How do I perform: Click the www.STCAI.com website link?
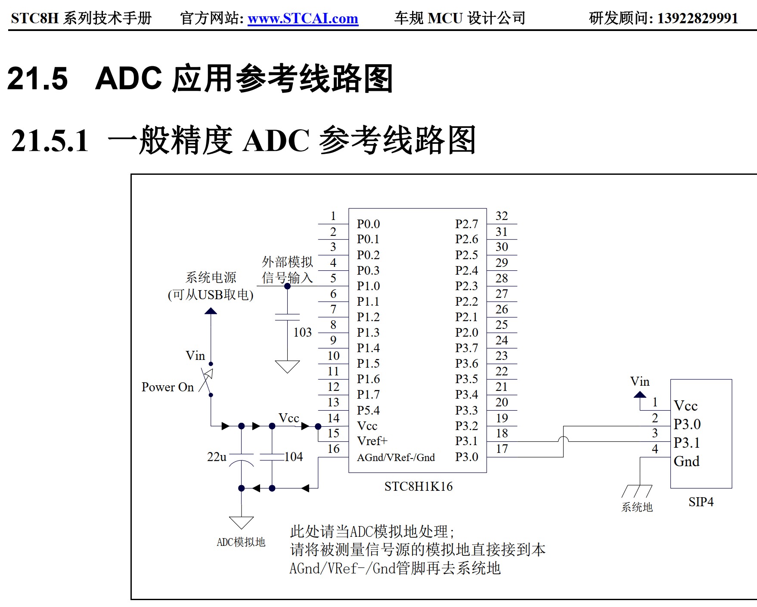tap(303, 19)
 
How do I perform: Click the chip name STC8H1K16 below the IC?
tap(418, 486)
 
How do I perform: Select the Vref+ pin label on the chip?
tap(372, 441)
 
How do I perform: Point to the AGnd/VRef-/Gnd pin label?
tap(396, 457)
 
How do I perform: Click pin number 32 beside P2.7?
tap(502, 216)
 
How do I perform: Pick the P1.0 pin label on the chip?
tap(368, 286)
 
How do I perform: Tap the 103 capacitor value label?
tap(302, 332)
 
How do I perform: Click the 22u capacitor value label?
tap(217, 457)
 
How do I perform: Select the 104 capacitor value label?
tap(294, 457)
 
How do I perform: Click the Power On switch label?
tap(168, 387)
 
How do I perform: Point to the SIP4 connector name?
tap(701, 502)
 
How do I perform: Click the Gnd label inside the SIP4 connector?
tap(686, 461)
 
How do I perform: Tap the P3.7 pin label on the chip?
tap(466, 348)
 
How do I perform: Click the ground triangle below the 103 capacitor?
tap(287, 366)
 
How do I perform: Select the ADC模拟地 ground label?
tap(241, 542)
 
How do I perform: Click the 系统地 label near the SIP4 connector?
tap(637, 507)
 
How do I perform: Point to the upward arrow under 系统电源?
tap(211, 311)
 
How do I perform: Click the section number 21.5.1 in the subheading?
tap(50, 141)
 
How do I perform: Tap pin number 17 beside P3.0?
tap(502, 449)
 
